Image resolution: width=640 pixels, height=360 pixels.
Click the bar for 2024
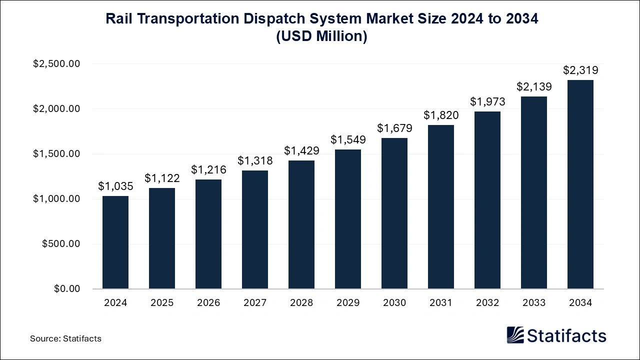(x=115, y=242)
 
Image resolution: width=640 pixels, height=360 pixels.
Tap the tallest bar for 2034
(x=580, y=184)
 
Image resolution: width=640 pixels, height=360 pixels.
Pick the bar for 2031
(x=441, y=207)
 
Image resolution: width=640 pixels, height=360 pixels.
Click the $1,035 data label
(x=115, y=186)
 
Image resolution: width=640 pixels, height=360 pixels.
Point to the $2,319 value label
(x=580, y=70)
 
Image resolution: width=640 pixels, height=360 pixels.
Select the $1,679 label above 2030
(x=394, y=128)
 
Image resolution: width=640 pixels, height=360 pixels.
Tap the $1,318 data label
(x=255, y=160)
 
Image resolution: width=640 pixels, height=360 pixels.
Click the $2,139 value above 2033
(x=534, y=86)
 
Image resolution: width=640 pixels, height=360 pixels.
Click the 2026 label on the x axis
(x=208, y=303)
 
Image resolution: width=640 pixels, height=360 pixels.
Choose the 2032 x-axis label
(x=487, y=303)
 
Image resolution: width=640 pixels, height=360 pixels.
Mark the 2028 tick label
(x=301, y=303)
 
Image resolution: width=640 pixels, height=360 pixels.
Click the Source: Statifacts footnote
(x=65, y=338)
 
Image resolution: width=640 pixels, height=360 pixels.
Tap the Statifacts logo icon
(x=514, y=335)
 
